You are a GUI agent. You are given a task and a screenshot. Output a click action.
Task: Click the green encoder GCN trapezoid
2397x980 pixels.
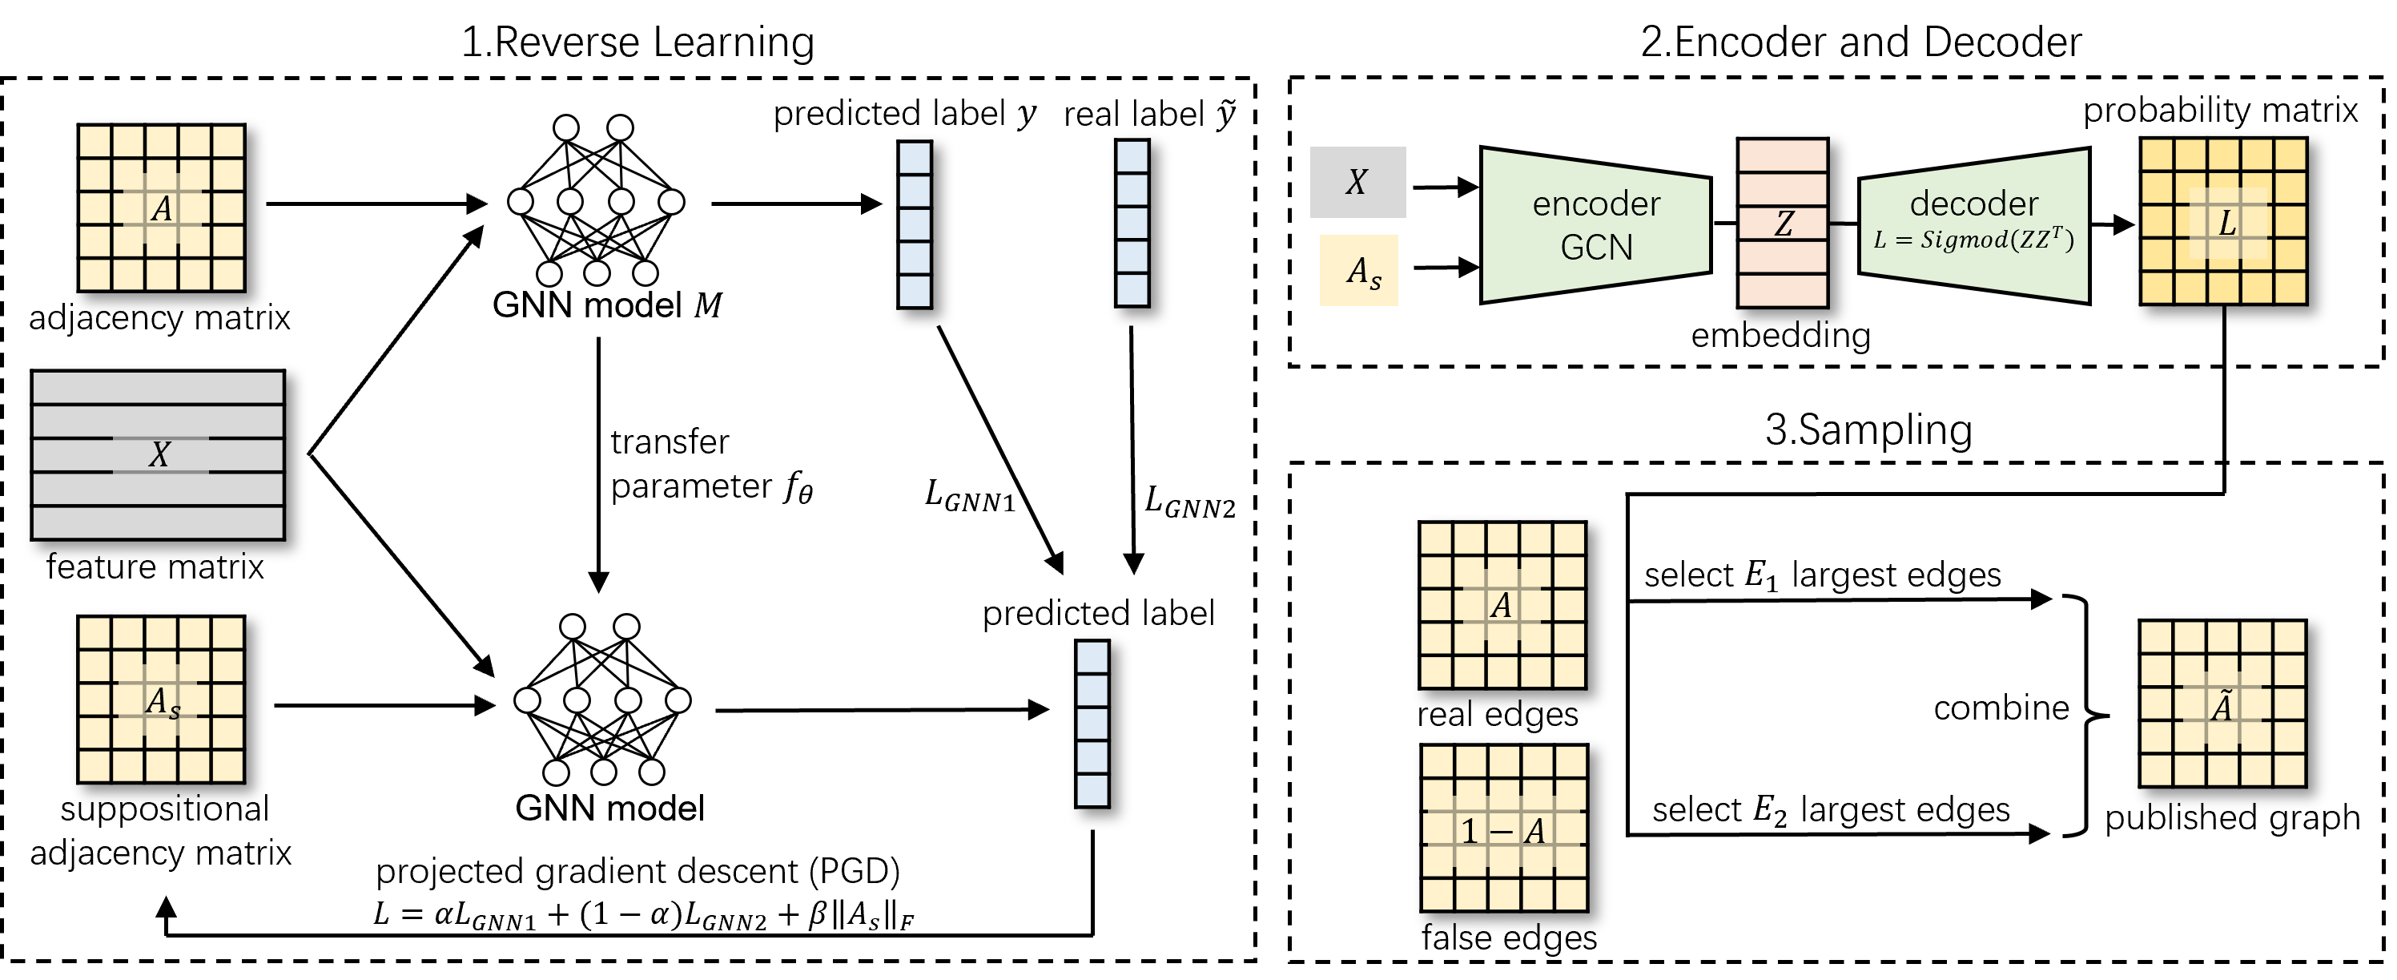coord(1595,225)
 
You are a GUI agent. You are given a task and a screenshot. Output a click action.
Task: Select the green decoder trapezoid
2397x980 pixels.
coord(1973,225)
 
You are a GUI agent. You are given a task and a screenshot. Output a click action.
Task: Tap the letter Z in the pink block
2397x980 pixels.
coord(1783,224)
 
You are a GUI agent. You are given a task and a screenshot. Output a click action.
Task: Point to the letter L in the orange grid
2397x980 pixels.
coord(2226,224)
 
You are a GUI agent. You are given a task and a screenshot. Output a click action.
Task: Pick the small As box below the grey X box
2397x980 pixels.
coord(1358,271)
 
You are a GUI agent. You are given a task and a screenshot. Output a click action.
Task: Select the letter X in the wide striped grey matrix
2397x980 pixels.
coord(159,455)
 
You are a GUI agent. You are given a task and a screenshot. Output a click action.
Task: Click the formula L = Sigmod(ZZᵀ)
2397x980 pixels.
coord(1973,240)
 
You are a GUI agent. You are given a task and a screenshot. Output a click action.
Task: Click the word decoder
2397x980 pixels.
coord(1973,203)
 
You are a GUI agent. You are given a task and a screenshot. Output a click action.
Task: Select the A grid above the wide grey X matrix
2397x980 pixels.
coord(161,208)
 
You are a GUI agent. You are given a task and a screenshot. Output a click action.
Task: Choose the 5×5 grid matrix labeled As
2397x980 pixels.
coord(161,700)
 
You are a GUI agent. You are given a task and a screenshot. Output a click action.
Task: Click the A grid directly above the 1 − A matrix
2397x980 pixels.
coord(1502,606)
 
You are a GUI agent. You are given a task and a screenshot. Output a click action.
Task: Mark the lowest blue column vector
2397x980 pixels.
coord(1092,724)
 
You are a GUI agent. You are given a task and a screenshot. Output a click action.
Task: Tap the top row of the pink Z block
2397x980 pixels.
coord(1783,156)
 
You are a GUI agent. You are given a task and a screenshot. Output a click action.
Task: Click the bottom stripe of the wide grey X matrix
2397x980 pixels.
coord(159,523)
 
